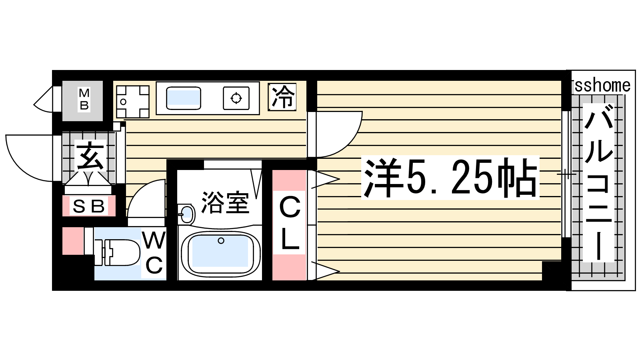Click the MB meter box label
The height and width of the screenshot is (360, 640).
click(x=84, y=100)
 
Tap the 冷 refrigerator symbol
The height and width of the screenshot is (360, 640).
click(x=282, y=97)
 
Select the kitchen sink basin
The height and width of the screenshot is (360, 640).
click(x=184, y=98)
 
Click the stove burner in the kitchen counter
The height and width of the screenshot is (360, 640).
click(x=236, y=98)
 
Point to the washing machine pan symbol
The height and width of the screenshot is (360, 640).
click(x=132, y=102)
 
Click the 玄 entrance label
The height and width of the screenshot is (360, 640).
click(x=90, y=156)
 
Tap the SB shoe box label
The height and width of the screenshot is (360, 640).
click(x=88, y=206)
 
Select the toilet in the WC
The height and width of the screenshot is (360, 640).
click(x=117, y=252)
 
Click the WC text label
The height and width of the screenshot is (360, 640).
click(x=154, y=254)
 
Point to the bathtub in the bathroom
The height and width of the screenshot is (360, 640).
click(x=220, y=253)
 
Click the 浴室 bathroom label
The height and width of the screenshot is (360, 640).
click(x=225, y=203)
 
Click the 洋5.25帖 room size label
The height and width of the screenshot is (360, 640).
click(x=450, y=178)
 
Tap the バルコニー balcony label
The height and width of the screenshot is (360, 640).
click(x=598, y=183)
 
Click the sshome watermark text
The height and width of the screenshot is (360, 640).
click(x=602, y=86)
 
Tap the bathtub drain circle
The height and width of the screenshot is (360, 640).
click(x=221, y=240)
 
